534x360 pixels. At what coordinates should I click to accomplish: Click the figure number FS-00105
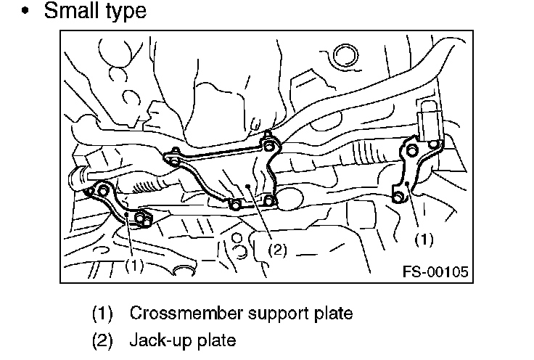(434, 271)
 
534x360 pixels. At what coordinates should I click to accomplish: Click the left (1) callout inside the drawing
(133, 265)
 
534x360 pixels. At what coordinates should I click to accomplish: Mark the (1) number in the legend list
(103, 314)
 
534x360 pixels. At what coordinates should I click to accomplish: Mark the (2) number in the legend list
(103, 339)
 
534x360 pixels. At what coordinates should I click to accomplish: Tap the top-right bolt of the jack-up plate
(268, 146)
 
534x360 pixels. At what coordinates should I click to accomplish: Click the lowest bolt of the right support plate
(398, 196)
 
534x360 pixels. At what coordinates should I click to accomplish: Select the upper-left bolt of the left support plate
(102, 190)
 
